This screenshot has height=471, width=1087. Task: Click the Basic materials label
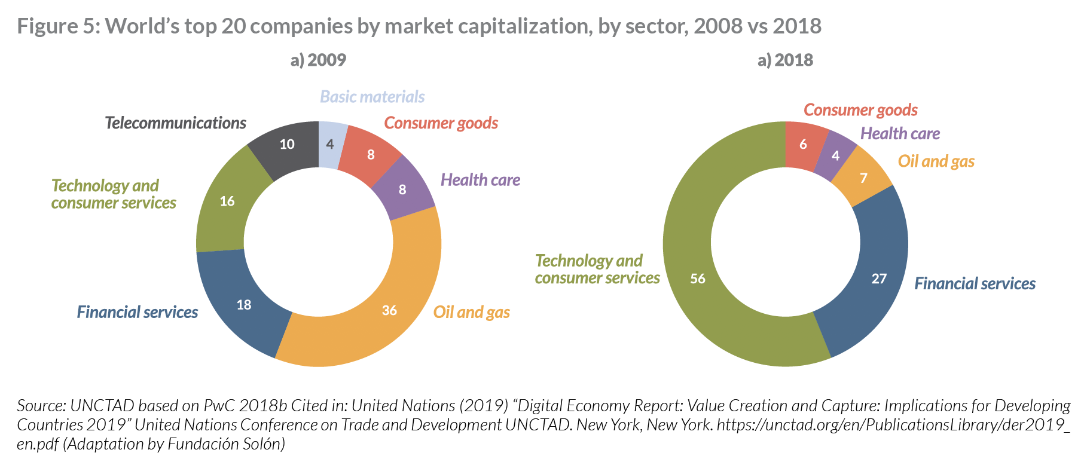pyautogui.click(x=372, y=97)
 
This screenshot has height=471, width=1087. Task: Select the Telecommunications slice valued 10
pyautogui.click(x=286, y=146)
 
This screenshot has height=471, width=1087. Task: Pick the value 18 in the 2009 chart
pyautogui.click(x=244, y=305)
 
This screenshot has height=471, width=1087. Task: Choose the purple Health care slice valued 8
pyautogui.click(x=404, y=188)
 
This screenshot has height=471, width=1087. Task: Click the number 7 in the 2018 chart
pyautogui.click(x=863, y=178)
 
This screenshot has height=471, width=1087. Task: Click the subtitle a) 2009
pyautogui.click(x=318, y=60)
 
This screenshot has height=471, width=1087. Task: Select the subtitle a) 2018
pyautogui.click(x=785, y=60)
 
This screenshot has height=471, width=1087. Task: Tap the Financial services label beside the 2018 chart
pyautogui.click(x=975, y=283)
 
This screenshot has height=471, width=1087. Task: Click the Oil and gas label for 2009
pyautogui.click(x=471, y=312)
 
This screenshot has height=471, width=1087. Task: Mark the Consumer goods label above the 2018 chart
pyautogui.click(x=860, y=110)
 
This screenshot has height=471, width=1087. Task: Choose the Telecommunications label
pyautogui.click(x=175, y=123)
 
